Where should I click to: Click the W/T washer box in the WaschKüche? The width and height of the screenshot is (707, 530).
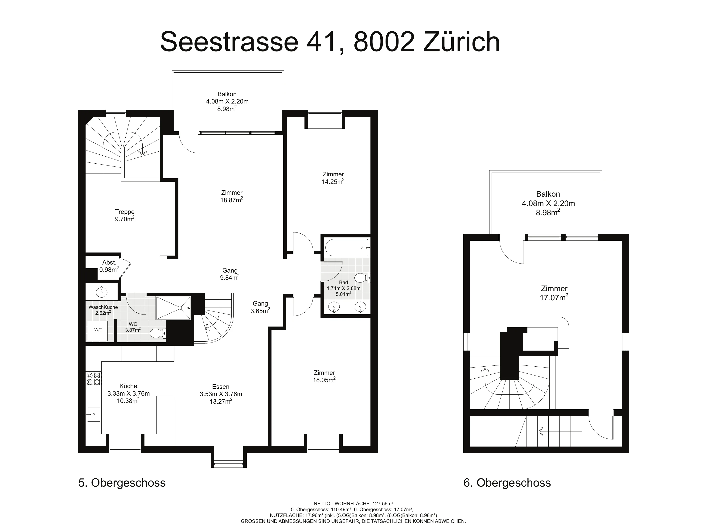coord(98,331)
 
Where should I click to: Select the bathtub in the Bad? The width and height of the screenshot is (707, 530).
coord(347,248)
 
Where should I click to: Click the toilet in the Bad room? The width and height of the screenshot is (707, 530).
coord(362,278)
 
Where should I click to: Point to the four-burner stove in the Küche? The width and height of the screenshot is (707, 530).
coord(93,378)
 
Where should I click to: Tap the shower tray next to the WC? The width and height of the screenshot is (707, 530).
coord(173,308)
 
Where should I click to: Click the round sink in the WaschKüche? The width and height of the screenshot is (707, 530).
coord(102,292)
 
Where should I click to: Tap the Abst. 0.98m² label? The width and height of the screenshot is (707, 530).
coord(109,266)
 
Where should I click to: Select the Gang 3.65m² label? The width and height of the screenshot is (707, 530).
coord(260,307)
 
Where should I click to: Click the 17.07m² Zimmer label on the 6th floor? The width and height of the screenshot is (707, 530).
coord(554,293)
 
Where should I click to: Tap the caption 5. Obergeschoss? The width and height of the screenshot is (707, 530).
coord(122,482)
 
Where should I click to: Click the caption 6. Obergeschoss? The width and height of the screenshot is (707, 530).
coord(507,482)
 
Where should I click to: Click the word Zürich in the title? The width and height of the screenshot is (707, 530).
coord(461,42)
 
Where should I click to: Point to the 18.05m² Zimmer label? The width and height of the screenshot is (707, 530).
coord(325,376)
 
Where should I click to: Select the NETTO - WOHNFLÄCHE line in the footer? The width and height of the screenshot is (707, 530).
coord(353,503)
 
